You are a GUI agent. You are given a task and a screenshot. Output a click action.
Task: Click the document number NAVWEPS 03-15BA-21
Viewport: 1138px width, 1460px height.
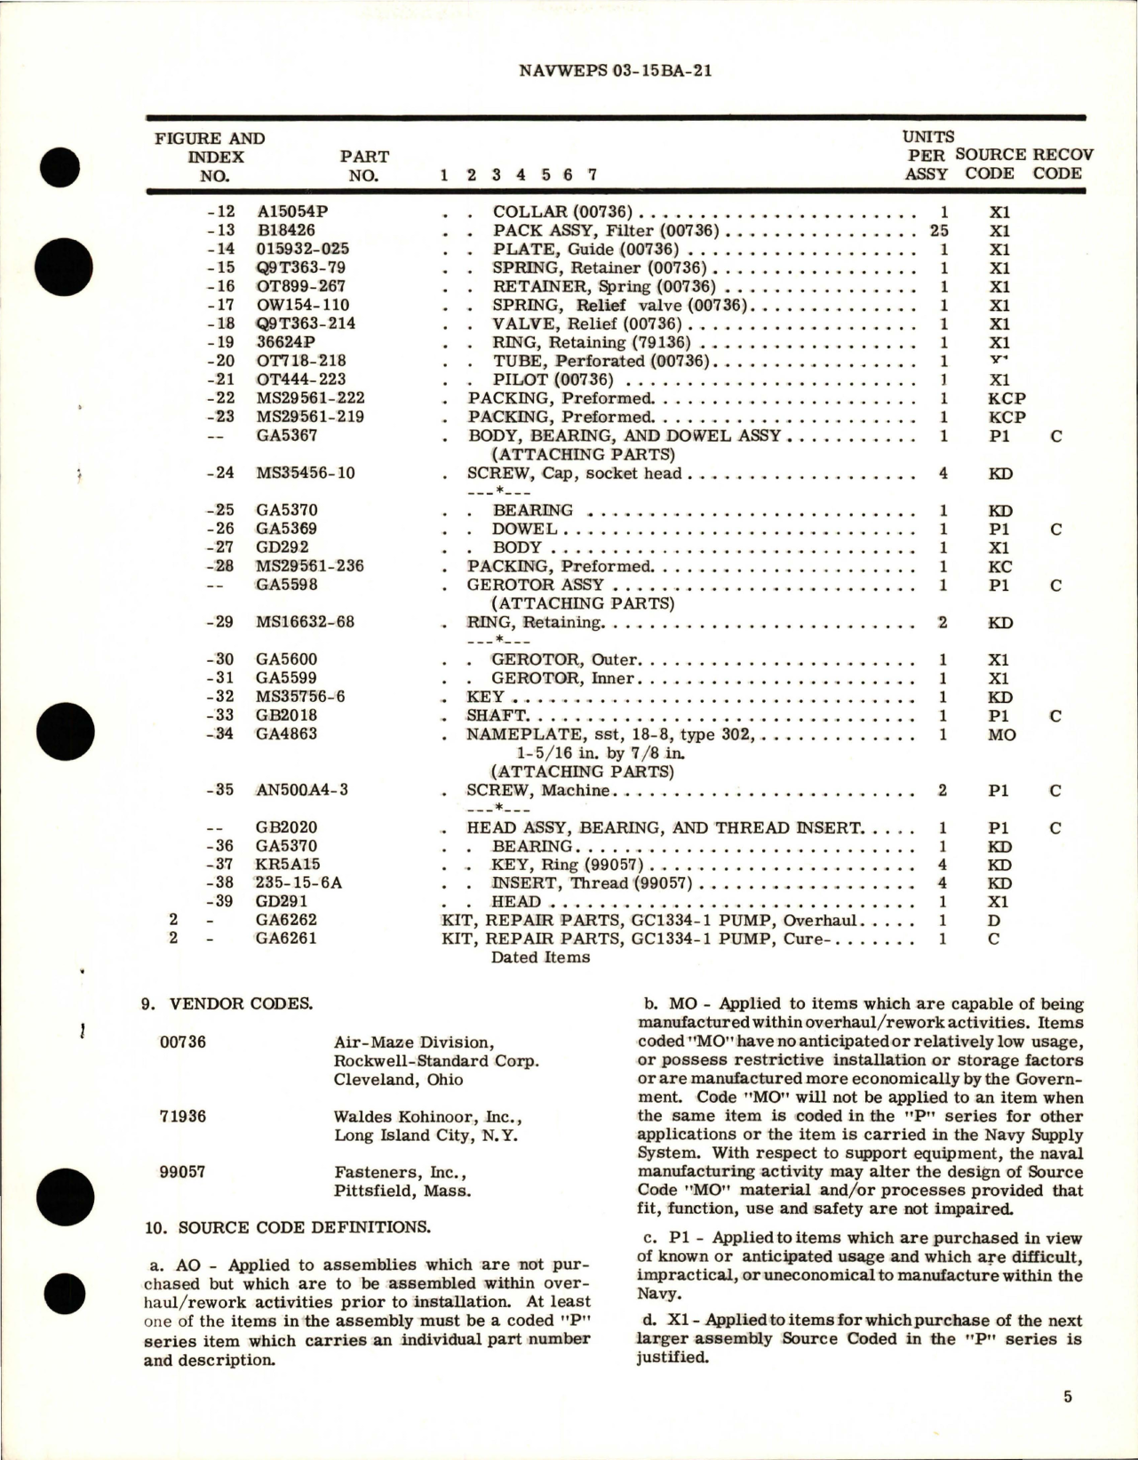(615, 71)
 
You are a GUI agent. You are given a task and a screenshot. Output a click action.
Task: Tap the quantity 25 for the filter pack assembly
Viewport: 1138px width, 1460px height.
(943, 231)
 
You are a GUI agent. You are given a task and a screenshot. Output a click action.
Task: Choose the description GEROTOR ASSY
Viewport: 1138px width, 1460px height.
(536, 585)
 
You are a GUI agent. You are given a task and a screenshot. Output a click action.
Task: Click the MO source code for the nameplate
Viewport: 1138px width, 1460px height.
(1001, 735)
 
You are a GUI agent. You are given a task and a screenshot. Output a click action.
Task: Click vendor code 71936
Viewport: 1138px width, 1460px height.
(182, 1115)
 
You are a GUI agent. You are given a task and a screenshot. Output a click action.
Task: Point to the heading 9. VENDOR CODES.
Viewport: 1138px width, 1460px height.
(227, 1005)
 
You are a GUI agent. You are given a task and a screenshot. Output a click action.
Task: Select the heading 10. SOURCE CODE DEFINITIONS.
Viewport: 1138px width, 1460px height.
(287, 1227)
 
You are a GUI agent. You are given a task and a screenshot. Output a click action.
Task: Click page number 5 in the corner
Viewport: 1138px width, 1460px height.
(1067, 1397)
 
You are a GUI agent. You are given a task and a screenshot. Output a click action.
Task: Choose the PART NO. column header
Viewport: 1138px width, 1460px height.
(364, 165)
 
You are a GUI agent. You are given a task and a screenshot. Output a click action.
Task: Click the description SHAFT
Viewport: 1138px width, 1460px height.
(497, 715)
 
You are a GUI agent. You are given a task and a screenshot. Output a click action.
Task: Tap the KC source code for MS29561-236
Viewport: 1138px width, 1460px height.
(1000, 566)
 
